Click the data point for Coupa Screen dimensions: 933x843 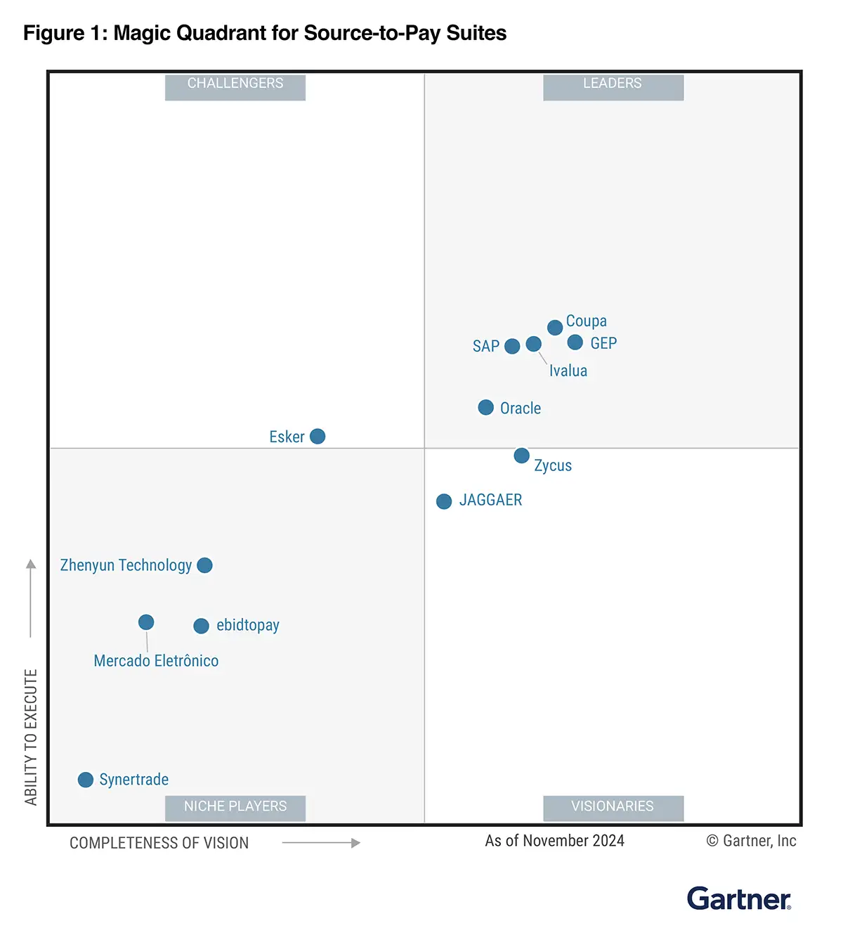pos(555,327)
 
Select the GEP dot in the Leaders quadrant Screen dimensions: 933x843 pos(575,342)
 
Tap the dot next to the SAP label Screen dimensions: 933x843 pos(513,346)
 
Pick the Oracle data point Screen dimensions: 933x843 pos(486,407)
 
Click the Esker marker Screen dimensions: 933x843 pos(318,437)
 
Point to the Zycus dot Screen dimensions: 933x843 pos(521,456)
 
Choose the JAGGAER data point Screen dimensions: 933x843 pos(444,501)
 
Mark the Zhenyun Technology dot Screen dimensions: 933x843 pos(205,565)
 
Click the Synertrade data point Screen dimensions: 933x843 pos(86,780)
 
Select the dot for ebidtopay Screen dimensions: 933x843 pos(202,626)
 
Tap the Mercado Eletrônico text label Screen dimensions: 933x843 pos(156,661)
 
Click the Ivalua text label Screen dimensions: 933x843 pos(568,371)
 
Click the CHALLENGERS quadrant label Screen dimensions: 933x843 pos(235,84)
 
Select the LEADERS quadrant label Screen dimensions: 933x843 pos(613,84)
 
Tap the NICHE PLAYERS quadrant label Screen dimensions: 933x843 pos(235,806)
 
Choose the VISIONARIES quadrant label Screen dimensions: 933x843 pos(613,806)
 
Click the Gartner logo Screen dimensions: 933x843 pos(739,899)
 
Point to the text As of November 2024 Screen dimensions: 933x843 pos(554,841)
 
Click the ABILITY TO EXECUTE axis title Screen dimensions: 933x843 pos(31,737)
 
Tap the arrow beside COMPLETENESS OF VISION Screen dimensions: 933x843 pos(321,842)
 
